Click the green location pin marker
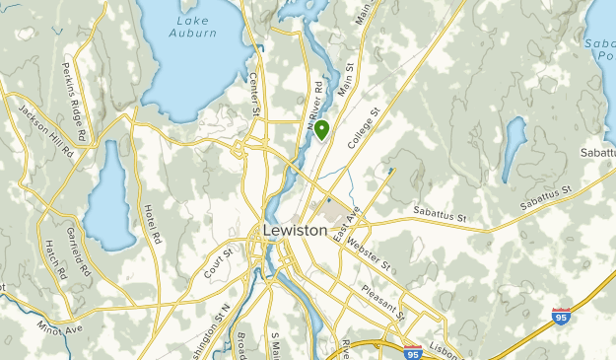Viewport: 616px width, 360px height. click(x=321, y=130)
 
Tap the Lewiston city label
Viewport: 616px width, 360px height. click(x=295, y=230)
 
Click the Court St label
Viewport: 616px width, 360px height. click(x=219, y=263)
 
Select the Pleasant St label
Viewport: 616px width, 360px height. click(x=382, y=301)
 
